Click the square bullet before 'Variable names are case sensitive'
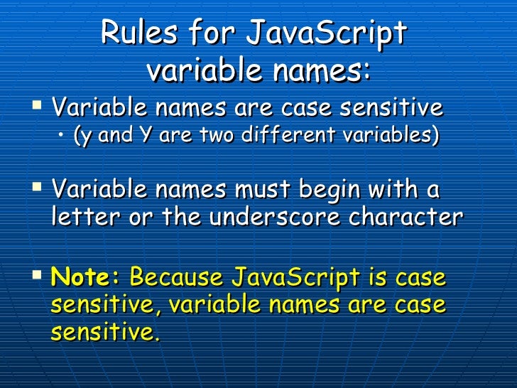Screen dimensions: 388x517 coord(38,107)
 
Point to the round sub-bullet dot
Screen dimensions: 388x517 coord(62,135)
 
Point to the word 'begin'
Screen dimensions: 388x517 coord(342,191)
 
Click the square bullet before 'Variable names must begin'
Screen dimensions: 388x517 coord(38,190)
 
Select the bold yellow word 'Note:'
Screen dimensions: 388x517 coord(87,277)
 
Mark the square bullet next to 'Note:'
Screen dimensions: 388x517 coord(38,276)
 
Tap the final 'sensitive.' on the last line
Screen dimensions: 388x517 coord(105,331)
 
